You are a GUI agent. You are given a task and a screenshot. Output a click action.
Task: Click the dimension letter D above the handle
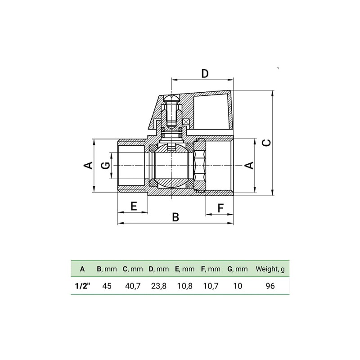[205, 73]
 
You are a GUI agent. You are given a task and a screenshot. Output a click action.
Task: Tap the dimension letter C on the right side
[266, 142]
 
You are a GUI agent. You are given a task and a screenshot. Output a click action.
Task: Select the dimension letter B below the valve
[176, 217]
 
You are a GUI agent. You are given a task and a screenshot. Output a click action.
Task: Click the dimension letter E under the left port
[133, 206]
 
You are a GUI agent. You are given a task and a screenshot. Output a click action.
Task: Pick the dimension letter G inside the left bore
[105, 165]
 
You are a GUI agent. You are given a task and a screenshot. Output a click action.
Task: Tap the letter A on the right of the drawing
[248, 165]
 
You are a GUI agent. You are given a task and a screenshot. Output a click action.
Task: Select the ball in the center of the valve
[171, 166]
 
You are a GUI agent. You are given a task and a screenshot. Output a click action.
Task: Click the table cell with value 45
[107, 285]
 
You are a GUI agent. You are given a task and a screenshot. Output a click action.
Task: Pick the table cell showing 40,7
[133, 285]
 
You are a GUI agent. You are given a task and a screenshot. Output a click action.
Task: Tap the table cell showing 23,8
[159, 285]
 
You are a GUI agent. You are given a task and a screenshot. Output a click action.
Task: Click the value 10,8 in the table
[184, 285]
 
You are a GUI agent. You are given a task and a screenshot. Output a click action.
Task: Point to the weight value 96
[270, 285]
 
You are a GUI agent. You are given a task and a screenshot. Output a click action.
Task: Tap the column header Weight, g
[270, 269]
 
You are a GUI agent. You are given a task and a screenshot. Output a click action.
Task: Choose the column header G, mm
[237, 269]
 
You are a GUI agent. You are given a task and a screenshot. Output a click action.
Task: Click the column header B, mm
[107, 269]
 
